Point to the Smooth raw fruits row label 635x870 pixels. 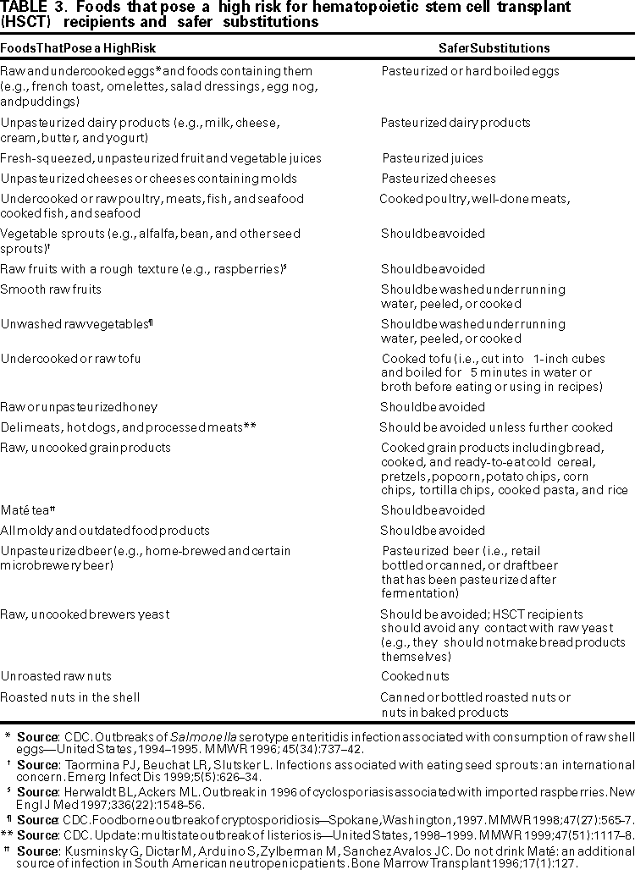click(x=51, y=289)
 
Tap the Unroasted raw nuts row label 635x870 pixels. click(x=56, y=676)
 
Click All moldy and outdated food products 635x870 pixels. click(x=105, y=531)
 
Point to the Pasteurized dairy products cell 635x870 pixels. click(x=456, y=123)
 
